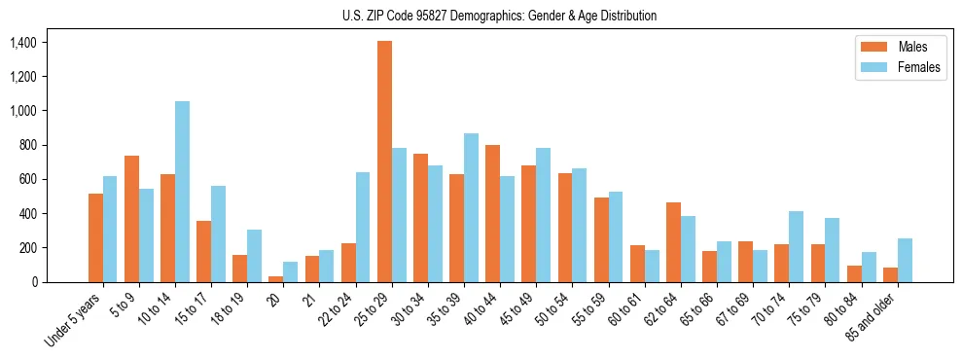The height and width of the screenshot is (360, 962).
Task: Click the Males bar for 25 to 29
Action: tap(384, 162)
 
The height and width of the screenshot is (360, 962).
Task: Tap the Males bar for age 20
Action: tap(275, 279)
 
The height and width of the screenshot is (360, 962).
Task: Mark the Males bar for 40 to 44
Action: tap(492, 213)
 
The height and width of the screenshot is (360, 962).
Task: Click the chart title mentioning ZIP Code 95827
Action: tap(499, 16)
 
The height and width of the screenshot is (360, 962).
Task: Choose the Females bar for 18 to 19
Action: tap(254, 256)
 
